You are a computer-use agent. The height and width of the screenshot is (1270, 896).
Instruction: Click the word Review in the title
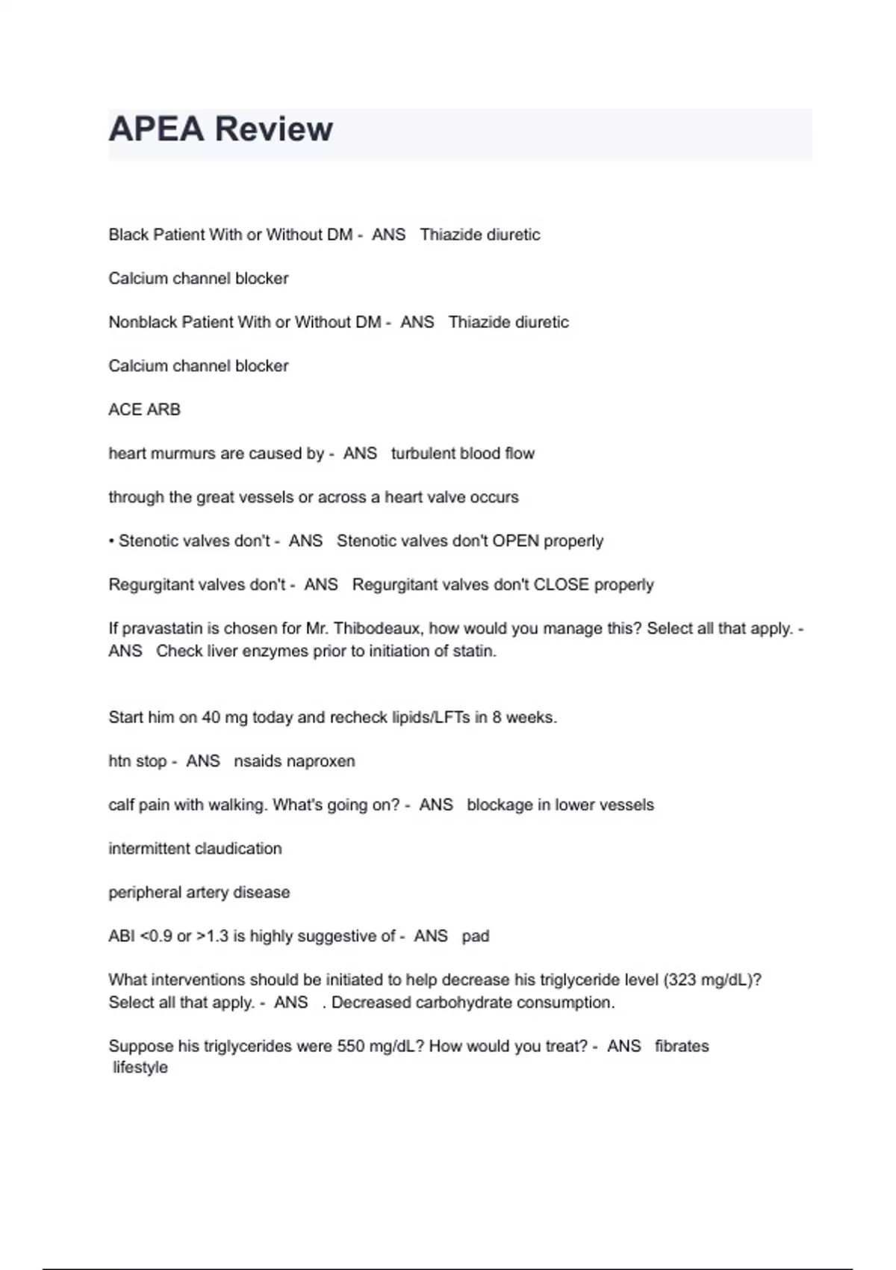point(273,129)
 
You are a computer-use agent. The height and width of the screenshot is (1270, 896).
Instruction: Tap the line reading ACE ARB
point(144,409)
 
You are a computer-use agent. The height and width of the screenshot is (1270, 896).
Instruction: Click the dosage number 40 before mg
point(211,717)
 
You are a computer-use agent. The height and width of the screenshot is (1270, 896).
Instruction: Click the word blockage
point(498,805)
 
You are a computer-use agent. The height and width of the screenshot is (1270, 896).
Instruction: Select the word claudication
point(238,849)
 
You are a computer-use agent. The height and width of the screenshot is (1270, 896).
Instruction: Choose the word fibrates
point(682,1046)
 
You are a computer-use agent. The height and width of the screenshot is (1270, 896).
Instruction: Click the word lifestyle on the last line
point(140,1068)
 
